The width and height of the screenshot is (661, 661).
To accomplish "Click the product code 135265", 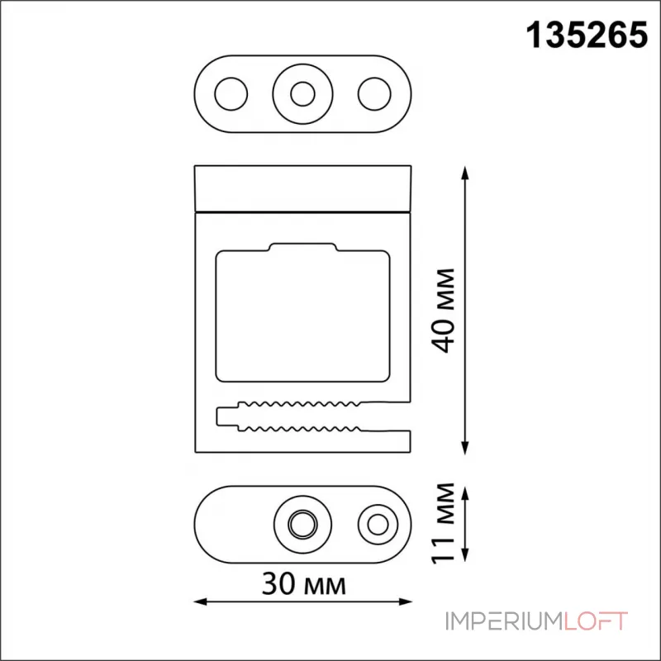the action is [587, 36].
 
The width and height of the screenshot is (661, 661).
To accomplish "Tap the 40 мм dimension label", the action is [444, 311].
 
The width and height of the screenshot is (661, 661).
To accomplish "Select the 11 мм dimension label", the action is [444, 523].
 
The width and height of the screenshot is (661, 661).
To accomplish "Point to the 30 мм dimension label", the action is [303, 584].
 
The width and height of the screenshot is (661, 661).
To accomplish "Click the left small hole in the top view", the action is [231, 94].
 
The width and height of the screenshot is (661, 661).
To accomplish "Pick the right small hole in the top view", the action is [374, 94].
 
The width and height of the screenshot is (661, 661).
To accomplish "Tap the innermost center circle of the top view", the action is [302, 94].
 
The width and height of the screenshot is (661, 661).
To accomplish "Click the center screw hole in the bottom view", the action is [302, 525].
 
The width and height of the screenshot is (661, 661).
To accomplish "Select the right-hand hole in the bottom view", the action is [378, 525].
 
